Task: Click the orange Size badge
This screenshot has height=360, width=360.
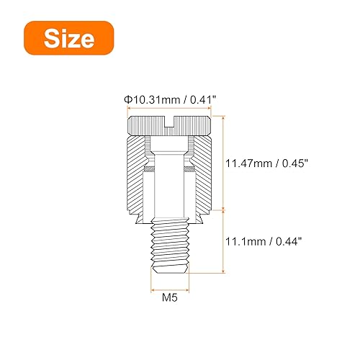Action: [x=68, y=38]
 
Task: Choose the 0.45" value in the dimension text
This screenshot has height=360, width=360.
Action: [x=296, y=164]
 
